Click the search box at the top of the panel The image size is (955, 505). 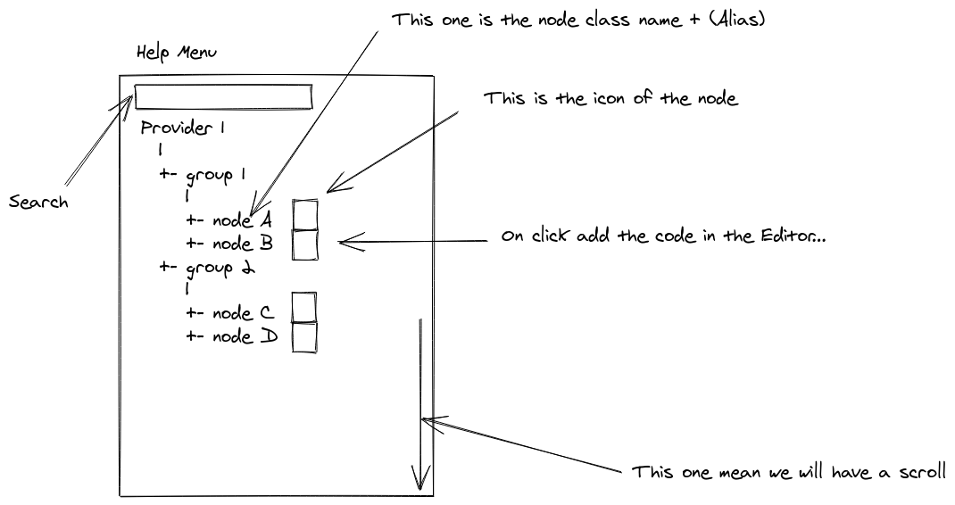[223, 95]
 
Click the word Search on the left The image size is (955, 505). [38, 203]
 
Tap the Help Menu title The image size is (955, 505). [177, 53]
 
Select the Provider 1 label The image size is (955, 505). [182, 128]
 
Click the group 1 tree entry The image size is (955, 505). [215, 175]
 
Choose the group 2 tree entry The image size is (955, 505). [216, 268]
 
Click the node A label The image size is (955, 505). [242, 220]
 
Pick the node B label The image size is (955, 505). [242, 243]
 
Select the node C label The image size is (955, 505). [242, 313]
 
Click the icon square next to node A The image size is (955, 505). [305, 214]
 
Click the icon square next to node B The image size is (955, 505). [305, 244]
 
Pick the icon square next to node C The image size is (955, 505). [305, 307]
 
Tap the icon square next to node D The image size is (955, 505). [305, 336]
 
